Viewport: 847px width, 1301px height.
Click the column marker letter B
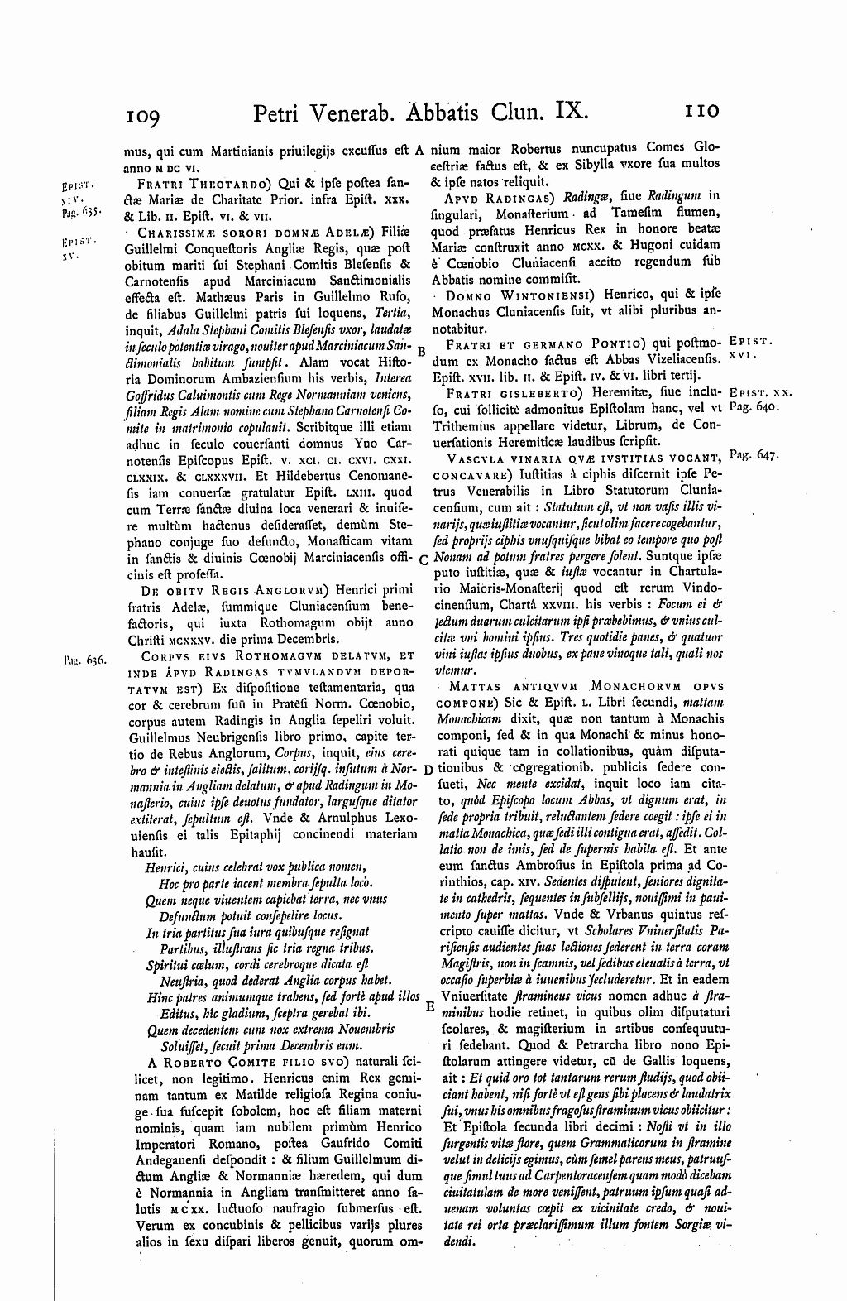pos(422,350)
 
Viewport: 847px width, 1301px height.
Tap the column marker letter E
pos(429,1008)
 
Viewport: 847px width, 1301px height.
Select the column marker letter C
pos(423,559)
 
